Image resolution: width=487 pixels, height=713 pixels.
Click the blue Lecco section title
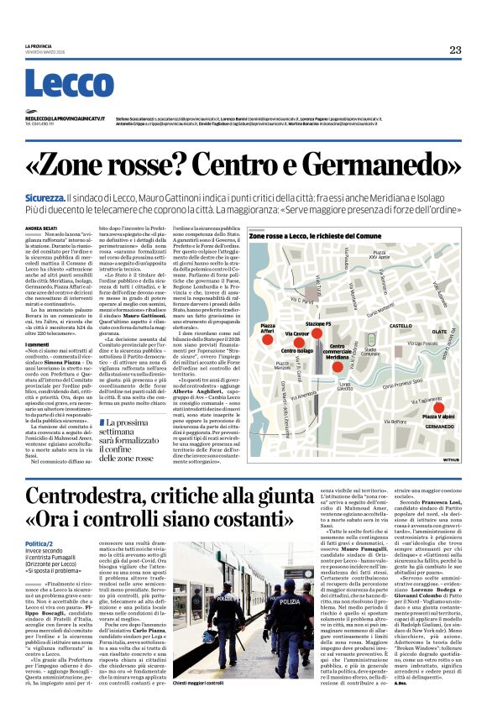point(56,84)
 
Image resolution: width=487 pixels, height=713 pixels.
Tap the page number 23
point(454,50)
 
